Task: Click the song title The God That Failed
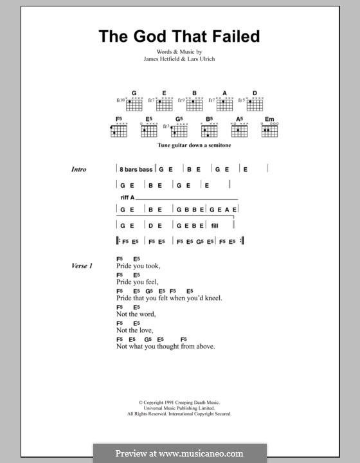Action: point(179,36)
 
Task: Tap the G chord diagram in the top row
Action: point(134,102)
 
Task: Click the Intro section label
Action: point(79,169)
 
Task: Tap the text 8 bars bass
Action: point(136,169)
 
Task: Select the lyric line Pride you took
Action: point(138,266)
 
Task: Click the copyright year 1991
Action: point(159,403)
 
